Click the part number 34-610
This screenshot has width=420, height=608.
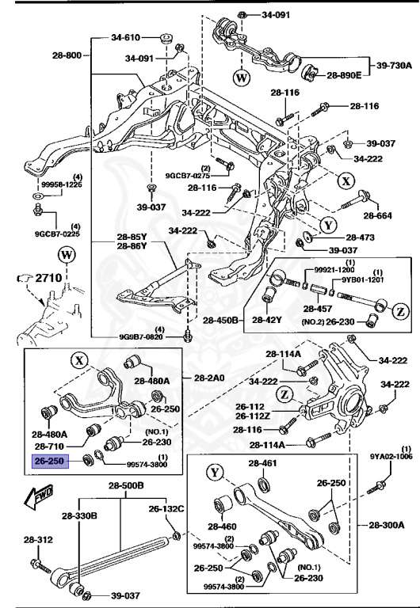pos(126,36)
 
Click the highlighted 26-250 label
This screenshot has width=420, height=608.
pos(50,459)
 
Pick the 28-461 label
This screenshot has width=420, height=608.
pos(264,485)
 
